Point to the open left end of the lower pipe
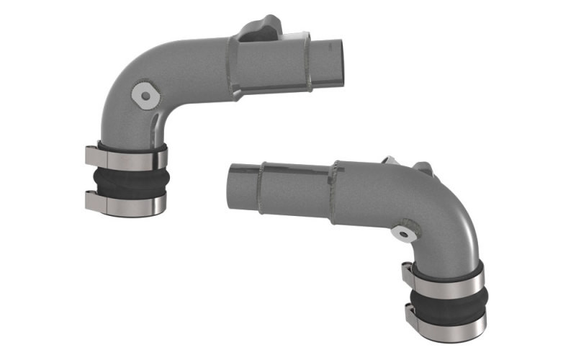click(x=238, y=185)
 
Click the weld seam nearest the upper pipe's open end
click(x=310, y=61)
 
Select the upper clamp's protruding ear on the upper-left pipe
click(x=91, y=155)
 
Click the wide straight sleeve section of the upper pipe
click(x=270, y=63)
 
